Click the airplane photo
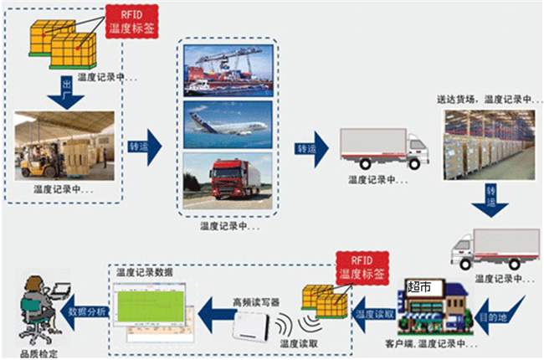[228, 124]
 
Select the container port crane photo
[228, 69]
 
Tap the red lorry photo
[228, 179]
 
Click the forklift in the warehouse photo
[41, 157]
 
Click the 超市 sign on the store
[418, 287]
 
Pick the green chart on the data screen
[151, 306]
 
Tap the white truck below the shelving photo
[494, 248]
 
